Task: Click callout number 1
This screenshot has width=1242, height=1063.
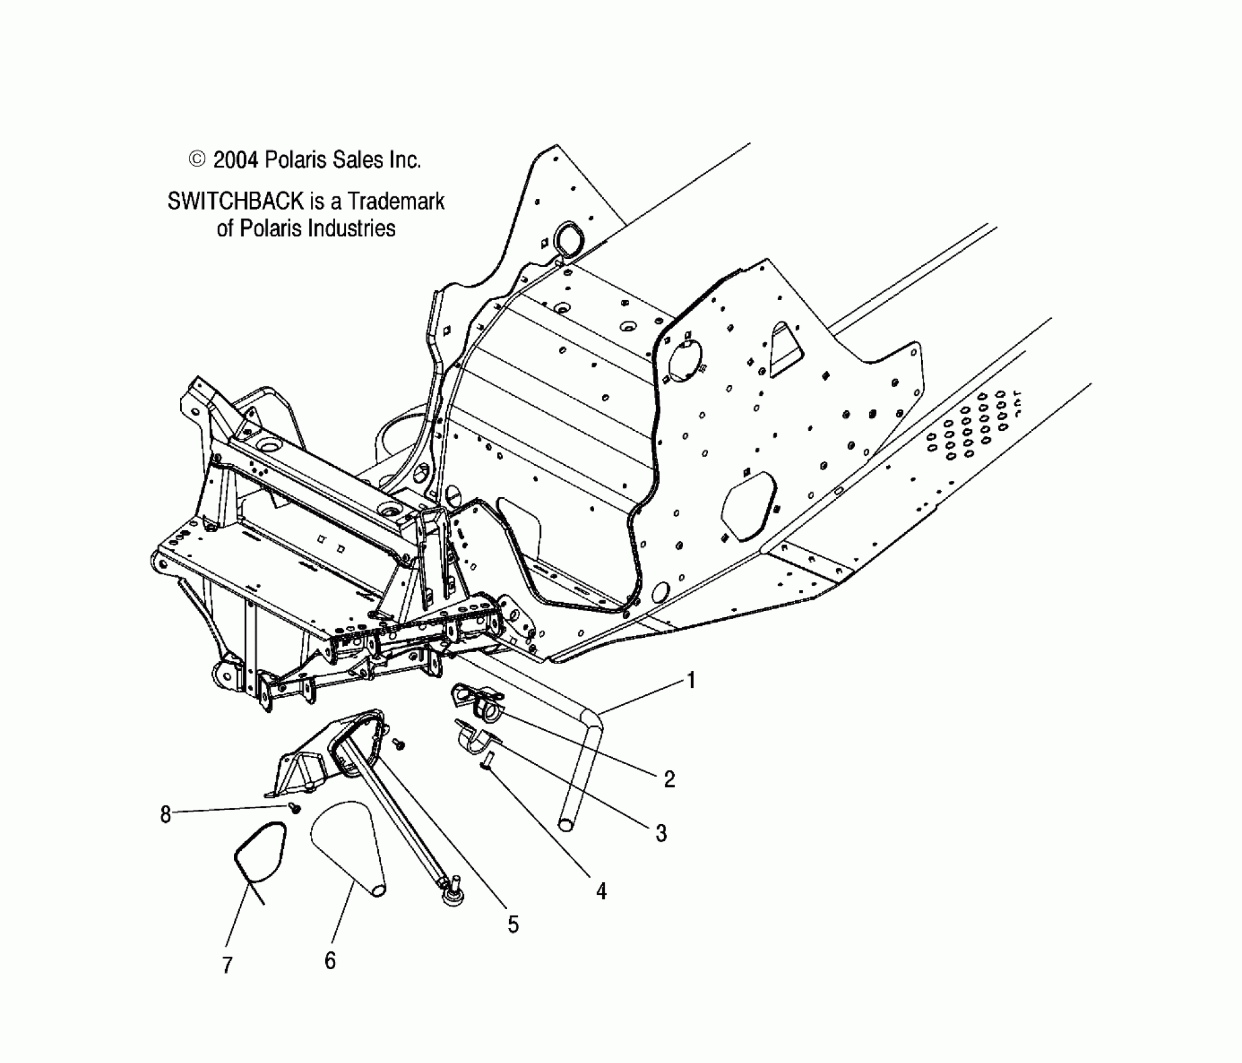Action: pyautogui.click(x=691, y=680)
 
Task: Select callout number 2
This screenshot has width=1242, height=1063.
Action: pyautogui.click(x=669, y=779)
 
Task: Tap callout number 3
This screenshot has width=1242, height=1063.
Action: pyautogui.click(x=661, y=834)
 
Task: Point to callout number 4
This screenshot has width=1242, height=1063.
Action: pyautogui.click(x=601, y=891)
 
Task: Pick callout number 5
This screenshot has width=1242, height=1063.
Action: pyautogui.click(x=513, y=924)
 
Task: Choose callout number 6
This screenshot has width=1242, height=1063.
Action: pyautogui.click(x=330, y=960)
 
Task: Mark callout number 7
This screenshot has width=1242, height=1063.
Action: pyautogui.click(x=228, y=965)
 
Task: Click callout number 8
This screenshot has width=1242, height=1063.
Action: pyautogui.click(x=165, y=815)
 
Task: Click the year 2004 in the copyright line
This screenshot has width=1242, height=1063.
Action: pyautogui.click(x=235, y=161)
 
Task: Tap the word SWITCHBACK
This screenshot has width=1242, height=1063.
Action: pyautogui.click(x=235, y=201)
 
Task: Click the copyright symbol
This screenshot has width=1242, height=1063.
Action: pyautogui.click(x=196, y=160)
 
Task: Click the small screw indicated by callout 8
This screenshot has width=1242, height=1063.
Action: pyautogui.click(x=294, y=808)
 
